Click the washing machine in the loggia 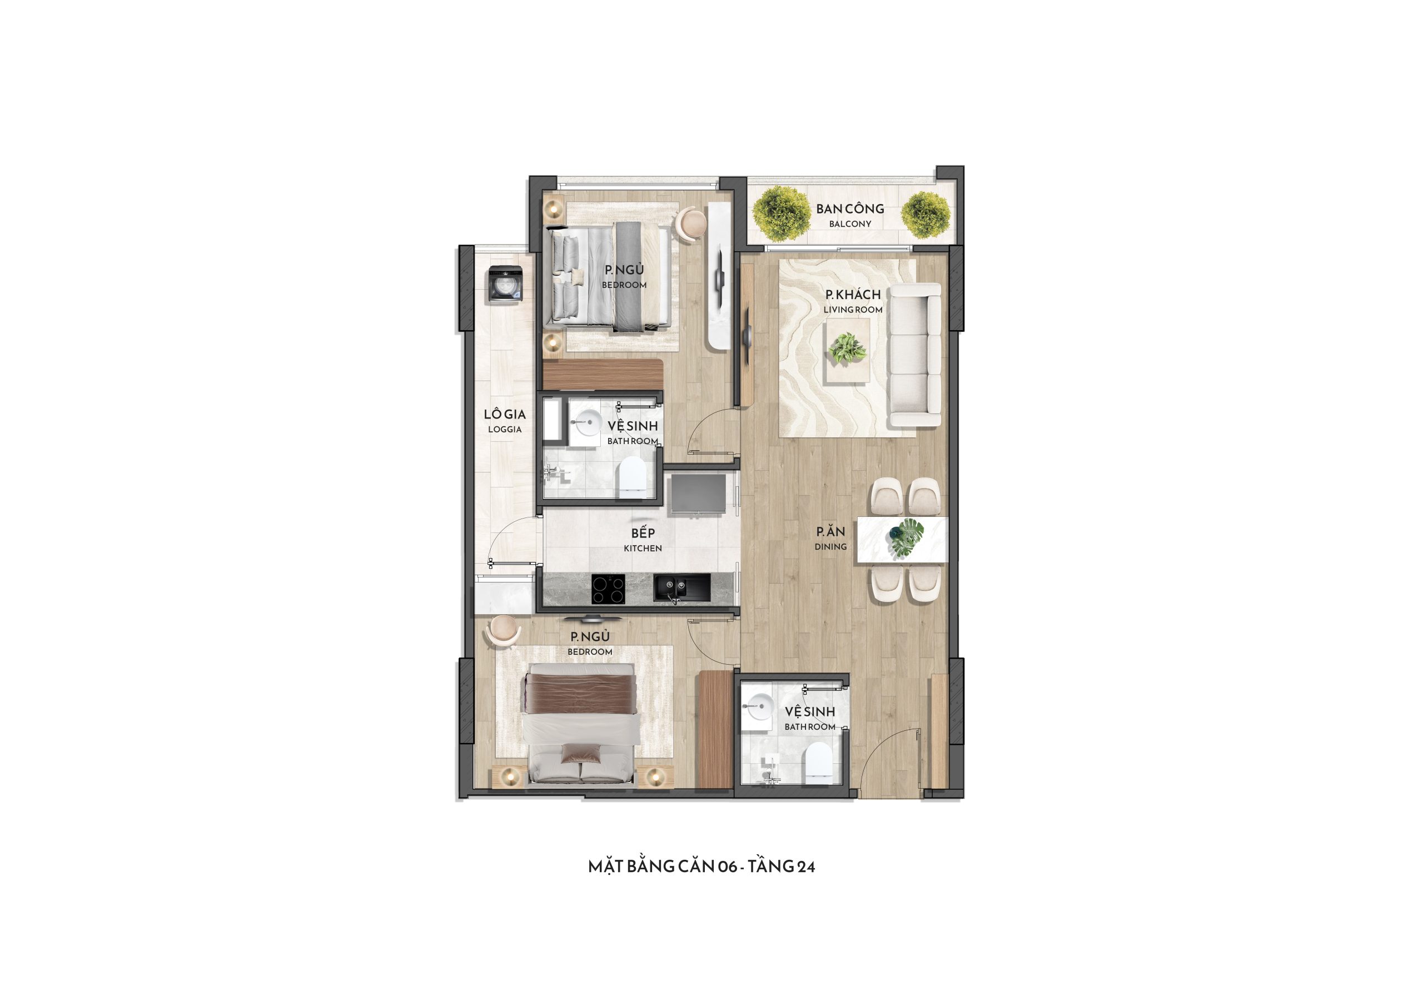pyautogui.click(x=506, y=285)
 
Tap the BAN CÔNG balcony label pyautogui.click(x=850, y=210)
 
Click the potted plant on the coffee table pyautogui.click(x=847, y=349)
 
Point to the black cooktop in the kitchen pyautogui.click(x=608, y=588)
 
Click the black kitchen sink pyautogui.click(x=681, y=587)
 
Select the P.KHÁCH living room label pyautogui.click(x=853, y=295)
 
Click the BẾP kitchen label pyautogui.click(x=643, y=533)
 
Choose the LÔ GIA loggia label pyautogui.click(x=505, y=415)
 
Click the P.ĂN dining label pyautogui.click(x=830, y=532)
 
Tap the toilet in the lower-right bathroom pyautogui.click(x=818, y=764)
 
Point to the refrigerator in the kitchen pyautogui.click(x=697, y=494)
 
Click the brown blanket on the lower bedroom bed pyautogui.click(x=581, y=694)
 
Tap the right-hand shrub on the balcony pyautogui.click(x=926, y=215)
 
